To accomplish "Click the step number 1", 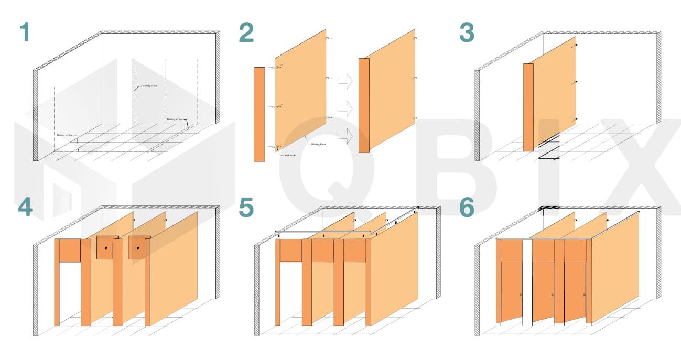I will pos(24,32).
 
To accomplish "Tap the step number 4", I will pos(24,208).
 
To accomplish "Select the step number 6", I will pos(466,208).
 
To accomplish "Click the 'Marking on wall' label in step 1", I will pos(150,86).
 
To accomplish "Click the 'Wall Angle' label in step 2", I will pos(289,155).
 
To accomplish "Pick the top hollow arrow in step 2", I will pos(345,81).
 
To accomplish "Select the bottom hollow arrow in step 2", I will pos(345,135).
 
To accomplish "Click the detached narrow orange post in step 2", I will pos(259,114).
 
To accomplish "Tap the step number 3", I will pos(466,32).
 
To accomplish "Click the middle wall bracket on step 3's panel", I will pos(576,82).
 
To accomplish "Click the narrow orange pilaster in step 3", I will pos(528,107).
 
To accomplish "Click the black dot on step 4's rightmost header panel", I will pos(137,248).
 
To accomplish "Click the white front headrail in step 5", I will pos(322,232).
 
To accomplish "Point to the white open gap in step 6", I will pos(527,283).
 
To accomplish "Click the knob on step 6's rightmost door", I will pos(585,295).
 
